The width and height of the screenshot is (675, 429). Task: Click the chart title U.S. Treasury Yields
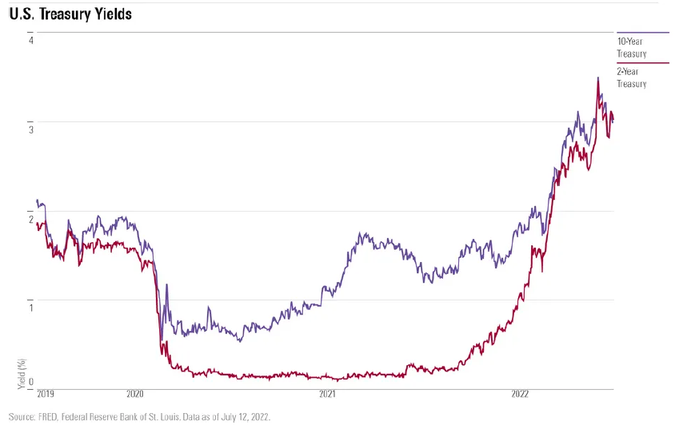point(70,14)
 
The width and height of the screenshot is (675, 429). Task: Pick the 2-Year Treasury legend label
point(631,77)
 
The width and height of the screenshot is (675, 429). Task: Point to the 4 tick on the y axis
point(30,40)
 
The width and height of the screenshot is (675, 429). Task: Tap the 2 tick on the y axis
point(30,219)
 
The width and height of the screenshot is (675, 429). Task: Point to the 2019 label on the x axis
point(45,394)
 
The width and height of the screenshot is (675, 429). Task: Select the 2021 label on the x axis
point(327,394)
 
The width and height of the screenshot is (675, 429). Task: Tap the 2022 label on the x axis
point(520,394)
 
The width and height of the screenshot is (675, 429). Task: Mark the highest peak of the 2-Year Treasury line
point(597,77)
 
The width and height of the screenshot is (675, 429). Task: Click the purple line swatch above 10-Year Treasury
point(631,33)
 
